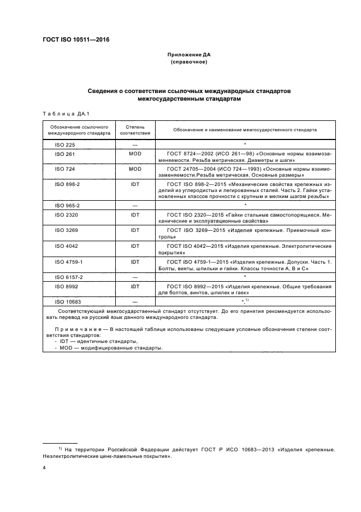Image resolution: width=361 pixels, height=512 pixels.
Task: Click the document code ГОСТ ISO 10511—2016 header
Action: pyautogui.click(x=76, y=40)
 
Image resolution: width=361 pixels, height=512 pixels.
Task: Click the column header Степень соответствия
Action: pyautogui.click(x=134, y=129)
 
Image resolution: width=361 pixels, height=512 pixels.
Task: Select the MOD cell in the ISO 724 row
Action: pyautogui.click(x=134, y=169)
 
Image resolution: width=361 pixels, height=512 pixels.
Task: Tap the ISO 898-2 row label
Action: pyautogui.click(x=67, y=184)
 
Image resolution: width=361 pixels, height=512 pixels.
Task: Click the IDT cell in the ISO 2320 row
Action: pyautogui.click(x=134, y=215)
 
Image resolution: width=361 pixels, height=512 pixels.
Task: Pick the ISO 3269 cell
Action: pyautogui.click(x=66, y=230)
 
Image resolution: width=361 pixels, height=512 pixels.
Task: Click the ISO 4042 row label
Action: pyautogui.click(x=66, y=246)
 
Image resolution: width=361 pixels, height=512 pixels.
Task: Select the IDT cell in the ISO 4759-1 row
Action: pyautogui.click(x=134, y=261)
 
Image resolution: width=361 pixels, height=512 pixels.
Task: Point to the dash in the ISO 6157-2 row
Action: pyautogui.click(x=134, y=277)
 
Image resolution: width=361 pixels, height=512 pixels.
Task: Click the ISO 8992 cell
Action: pyautogui.click(x=66, y=286)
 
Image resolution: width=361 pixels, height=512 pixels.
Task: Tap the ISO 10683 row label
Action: pyautogui.click(x=67, y=301)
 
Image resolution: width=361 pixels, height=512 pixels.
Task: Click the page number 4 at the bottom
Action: pyautogui.click(x=44, y=468)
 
